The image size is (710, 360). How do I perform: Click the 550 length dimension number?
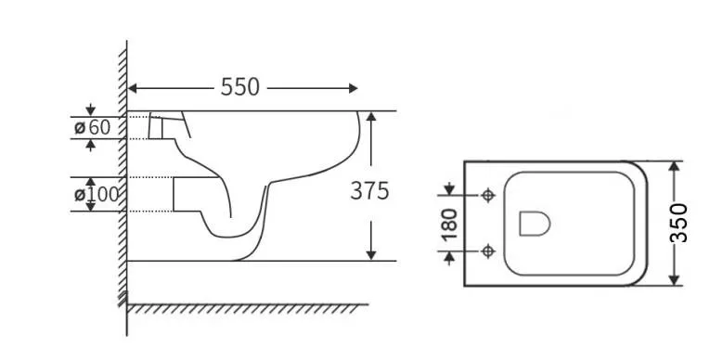coord(240,87)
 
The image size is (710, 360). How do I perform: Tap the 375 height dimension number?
coord(369,190)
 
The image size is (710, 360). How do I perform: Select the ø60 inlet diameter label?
coord(93,128)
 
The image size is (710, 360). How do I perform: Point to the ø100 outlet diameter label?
coord(97,194)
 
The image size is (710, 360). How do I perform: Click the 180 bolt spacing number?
coord(449,225)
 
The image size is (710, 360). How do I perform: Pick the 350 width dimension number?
coord(678,223)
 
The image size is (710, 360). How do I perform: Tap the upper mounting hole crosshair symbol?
coord(487,196)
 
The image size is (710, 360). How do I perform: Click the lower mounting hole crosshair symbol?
coord(487,251)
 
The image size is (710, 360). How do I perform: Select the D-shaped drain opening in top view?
coord(535,224)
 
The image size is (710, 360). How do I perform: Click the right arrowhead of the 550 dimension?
coord(354,88)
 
